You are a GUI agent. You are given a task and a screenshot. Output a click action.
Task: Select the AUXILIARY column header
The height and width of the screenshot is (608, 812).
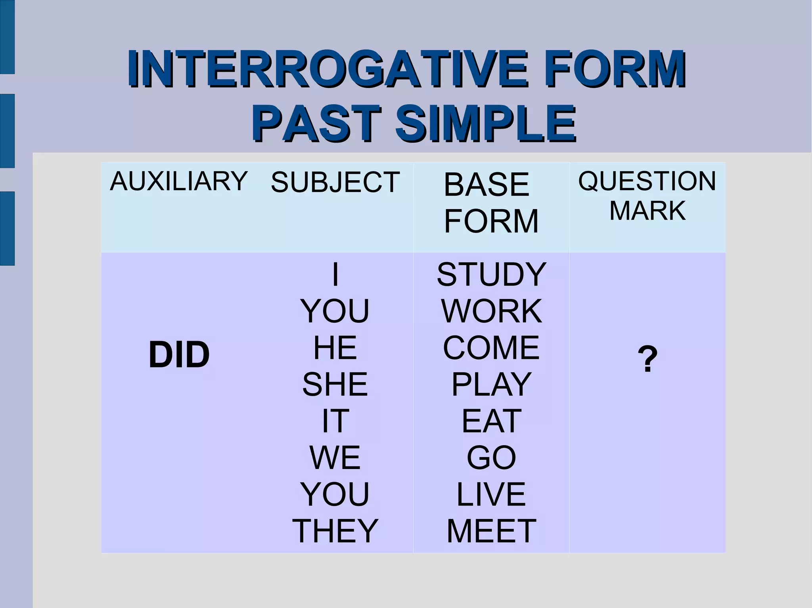(x=178, y=181)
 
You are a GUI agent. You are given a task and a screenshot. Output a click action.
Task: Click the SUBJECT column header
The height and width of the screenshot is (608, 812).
(x=335, y=182)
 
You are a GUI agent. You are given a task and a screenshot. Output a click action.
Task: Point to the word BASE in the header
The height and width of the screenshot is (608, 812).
(x=486, y=184)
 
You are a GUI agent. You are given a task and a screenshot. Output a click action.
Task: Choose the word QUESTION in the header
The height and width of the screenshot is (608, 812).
(x=647, y=181)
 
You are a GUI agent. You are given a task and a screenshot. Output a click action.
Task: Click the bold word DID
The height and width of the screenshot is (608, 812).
(x=179, y=355)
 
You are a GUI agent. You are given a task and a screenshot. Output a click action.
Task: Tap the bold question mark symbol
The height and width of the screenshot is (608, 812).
(x=647, y=359)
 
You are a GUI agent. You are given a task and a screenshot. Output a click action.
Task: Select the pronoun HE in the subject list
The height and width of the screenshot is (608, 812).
(x=335, y=347)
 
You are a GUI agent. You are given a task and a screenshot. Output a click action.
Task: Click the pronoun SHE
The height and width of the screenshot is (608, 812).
(x=335, y=384)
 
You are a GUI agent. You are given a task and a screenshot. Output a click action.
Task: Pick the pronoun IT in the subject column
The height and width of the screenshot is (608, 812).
(x=335, y=421)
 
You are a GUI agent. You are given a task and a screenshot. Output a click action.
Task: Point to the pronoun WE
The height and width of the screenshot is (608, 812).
(x=335, y=457)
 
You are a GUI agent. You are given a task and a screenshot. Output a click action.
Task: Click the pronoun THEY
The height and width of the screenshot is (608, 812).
(x=335, y=531)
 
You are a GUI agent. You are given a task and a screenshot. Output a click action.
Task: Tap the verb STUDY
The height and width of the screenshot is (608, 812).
(x=491, y=274)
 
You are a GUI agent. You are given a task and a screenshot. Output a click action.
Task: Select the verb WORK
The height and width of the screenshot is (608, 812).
(x=491, y=311)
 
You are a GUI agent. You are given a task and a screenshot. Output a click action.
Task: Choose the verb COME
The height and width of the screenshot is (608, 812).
(x=491, y=347)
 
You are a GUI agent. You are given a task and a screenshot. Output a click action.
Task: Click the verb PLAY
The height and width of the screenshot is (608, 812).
(x=491, y=384)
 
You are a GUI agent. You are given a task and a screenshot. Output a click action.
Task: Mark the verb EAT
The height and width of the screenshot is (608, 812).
(x=491, y=421)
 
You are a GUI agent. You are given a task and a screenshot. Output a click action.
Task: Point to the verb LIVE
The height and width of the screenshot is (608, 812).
(x=491, y=494)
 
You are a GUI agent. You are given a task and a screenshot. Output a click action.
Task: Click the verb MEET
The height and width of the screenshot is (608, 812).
(x=491, y=531)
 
